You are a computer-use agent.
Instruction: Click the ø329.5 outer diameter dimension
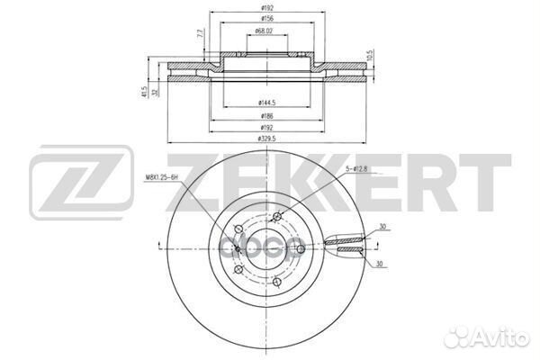pyautogui.click(x=265, y=139)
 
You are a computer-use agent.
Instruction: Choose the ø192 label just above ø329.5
pyautogui.click(x=265, y=128)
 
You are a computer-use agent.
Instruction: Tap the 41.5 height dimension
pyautogui.click(x=146, y=91)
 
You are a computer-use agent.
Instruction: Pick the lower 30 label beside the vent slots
pyautogui.click(x=384, y=265)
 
